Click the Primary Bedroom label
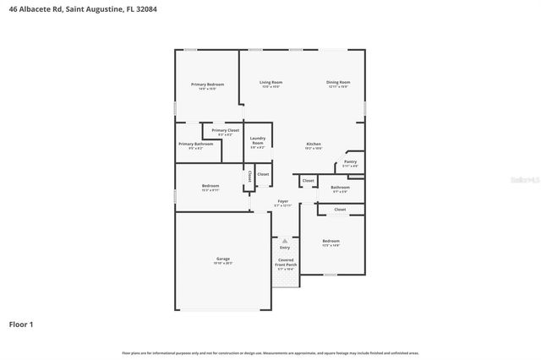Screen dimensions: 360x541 pyautogui.click(x=207, y=84)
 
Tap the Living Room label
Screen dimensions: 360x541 pyautogui.click(x=270, y=82)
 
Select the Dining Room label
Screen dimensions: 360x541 pyautogui.click(x=338, y=82)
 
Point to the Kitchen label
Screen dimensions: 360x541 pyautogui.click(x=313, y=145)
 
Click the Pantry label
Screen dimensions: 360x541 pyautogui.click(x=350, y=161)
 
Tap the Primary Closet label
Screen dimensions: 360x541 pyautogui.click(x=225, y=130)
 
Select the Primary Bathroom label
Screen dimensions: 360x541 pyautogui.click(x=195, y=145)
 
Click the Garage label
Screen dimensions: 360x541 pyautogui.click(x=223, y=259)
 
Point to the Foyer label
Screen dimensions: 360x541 pyautogui.click(x=282, y=201)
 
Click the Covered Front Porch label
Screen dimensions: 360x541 pyautogui.click(x=286, y=263)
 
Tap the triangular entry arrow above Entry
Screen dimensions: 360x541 pyautogui.click(x=285, y=239)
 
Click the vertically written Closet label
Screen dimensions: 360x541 pyautogui.click(x=249, y=176)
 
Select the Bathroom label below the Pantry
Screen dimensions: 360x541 pyautogui.click(x=340, y=188)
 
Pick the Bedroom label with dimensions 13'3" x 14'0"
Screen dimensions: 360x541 pyautogui.click(x=331, y=241)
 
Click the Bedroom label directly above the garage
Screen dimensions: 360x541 pyautogui.click(x=210, y=186)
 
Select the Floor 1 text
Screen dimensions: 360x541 pyautogui.click(x=21, y=324)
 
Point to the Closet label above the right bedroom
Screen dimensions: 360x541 pyautogui.click(x=340, y=209)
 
